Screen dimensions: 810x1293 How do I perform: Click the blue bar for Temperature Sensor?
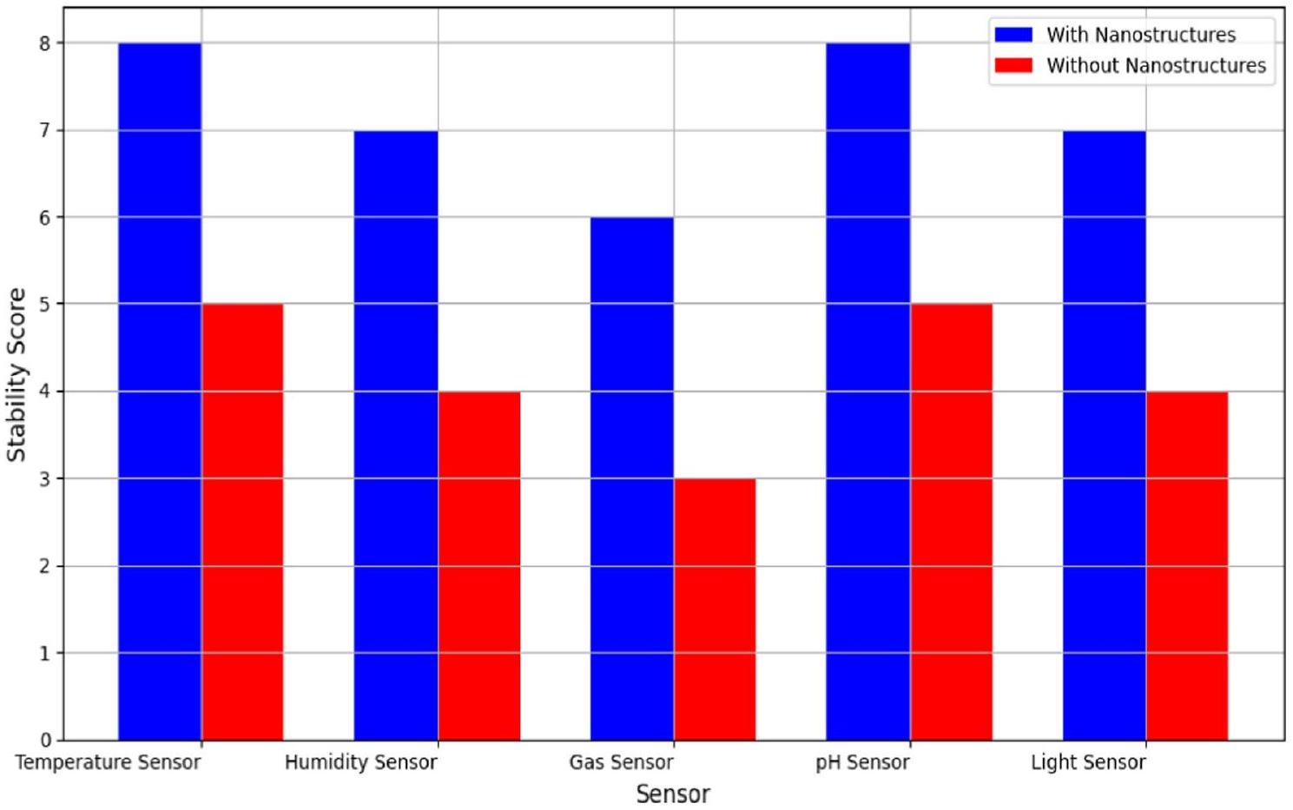pos(160,392)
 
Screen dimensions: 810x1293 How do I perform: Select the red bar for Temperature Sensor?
pos(242,522)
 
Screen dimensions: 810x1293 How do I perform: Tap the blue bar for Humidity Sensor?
pos(396,435)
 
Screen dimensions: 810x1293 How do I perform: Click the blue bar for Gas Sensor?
pos(632,478)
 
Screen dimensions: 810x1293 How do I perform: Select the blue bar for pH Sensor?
pos(868,392)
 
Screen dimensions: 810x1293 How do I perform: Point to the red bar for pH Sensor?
pos(951,522)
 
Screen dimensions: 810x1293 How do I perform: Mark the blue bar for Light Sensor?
pos(1105,435)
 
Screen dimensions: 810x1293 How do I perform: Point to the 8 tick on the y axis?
pos(44,43)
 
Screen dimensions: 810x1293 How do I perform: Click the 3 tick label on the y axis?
pos(44,479)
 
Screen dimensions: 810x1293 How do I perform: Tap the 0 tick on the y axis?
pos(44,741)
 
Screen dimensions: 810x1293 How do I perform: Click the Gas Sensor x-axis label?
pos(621,763)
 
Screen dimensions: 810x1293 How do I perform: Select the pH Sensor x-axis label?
pos(862,763)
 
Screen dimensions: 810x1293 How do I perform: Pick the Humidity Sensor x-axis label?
pos(361,763)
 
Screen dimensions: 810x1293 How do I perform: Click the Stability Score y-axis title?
pos(16,374)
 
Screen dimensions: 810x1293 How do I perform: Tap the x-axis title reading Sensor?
pos(673,794)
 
